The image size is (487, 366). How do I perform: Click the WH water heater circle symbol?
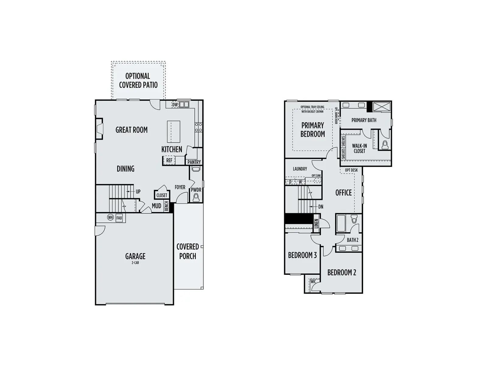coord(110,217)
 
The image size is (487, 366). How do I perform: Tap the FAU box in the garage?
coord(119,218)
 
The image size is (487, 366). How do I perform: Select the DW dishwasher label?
coord(175,105)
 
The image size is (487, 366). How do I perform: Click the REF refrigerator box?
coord(169,160)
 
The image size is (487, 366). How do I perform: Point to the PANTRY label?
coord(194,162)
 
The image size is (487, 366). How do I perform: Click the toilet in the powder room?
coord(196,197)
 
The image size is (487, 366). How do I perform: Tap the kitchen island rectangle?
coord(173,132)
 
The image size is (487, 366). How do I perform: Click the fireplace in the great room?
coord(99,129)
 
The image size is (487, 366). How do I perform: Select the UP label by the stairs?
coord(138,192)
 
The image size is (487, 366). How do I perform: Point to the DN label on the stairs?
coord(321,207)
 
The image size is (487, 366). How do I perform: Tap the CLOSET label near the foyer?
coord(162,195)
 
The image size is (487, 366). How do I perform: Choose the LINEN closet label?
coord(316,223)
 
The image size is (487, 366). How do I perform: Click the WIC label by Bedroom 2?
coord(313,281)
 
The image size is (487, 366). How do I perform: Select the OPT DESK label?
coord(351,170)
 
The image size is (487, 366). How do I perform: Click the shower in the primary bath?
coord(382,107)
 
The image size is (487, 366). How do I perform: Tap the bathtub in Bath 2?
coord(341,223)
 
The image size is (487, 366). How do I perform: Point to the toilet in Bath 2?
coord(354,219)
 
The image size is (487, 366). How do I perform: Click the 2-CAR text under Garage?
coord(135,263)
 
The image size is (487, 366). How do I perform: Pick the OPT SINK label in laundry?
coord(316,176)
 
